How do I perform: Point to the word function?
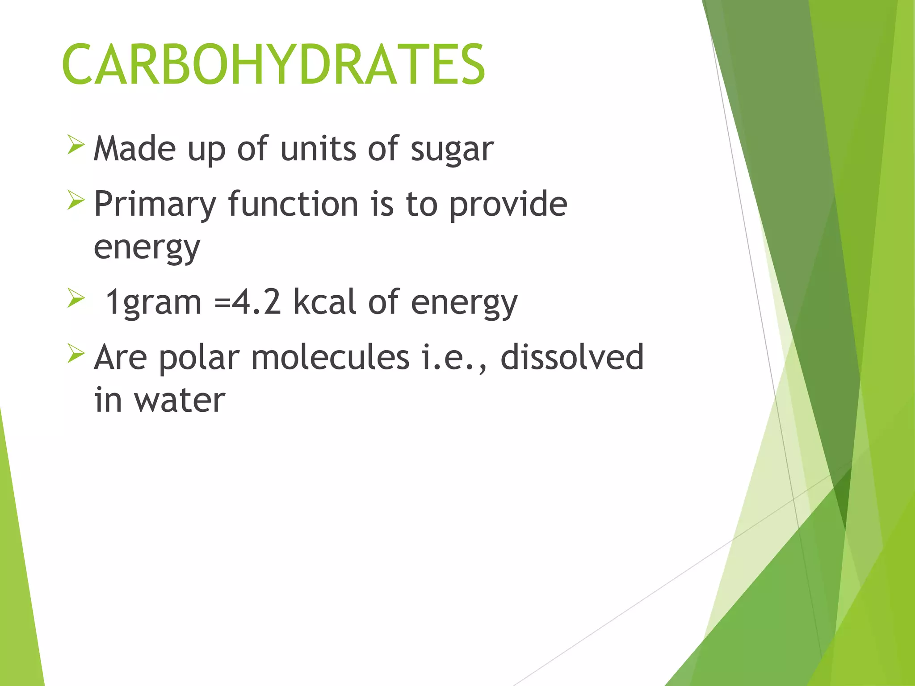tap(293, 204)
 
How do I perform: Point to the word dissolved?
tap(572, 357)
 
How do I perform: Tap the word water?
tap(180, 400)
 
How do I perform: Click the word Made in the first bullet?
tap(134, 149)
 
